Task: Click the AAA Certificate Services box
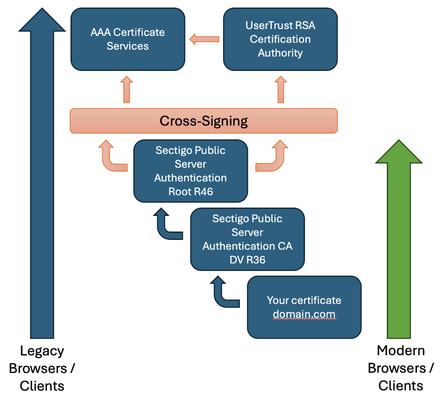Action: coord(127,39)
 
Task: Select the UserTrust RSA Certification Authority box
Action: coord(280,39)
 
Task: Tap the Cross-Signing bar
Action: coord(204,121)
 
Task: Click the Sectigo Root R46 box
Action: coord(190,171)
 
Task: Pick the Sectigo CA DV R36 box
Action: coord(247,239)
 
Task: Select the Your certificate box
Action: coord(304,307)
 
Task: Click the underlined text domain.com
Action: coord(304,314)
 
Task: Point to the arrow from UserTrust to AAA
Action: coord(204,39)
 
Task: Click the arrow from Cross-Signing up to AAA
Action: coord(127,90)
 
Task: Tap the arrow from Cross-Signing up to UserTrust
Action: coord(280,90)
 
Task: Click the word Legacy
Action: coord(42,351)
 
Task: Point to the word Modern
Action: coord(401,351)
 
